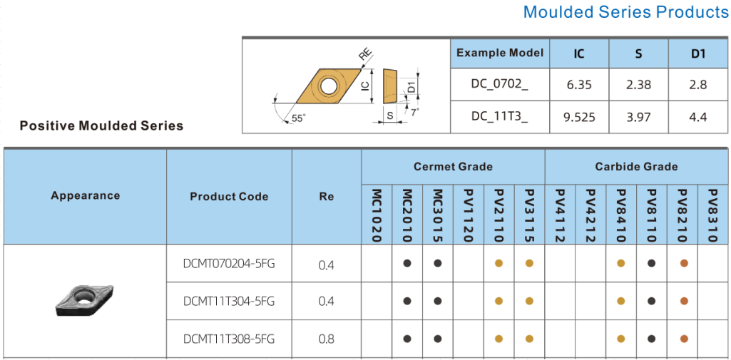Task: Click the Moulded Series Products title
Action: coord(626,11)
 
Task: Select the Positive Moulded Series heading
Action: coord(101,125)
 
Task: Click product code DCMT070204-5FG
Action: coord(229,264)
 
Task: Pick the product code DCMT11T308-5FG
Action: coord(229,339)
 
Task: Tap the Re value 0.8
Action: coord(327,339)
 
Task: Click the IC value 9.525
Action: coord(579,118)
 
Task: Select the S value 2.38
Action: coord(639,85)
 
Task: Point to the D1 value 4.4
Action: coord(698,118)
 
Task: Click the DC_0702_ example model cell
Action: coord(500,85)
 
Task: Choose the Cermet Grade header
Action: coord(453,167)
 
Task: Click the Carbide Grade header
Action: coord(636,167)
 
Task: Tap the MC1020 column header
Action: coord(377,215)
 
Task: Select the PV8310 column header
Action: coord(712,215)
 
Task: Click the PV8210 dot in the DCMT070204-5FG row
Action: coord(684,264)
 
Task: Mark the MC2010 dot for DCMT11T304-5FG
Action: coord(407,302)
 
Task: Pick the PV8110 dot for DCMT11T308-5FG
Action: coord(652,339)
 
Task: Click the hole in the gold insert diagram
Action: coord(329,86)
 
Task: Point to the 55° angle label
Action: coord(298,118)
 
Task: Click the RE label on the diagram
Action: coord(366,55)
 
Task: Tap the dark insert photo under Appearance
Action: coord(85,302)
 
